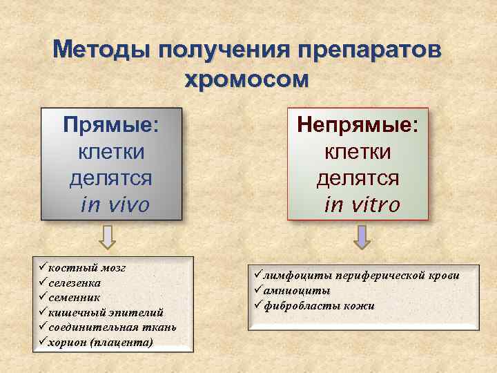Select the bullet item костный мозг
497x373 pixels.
[86, 269]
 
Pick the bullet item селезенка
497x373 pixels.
[79, 283]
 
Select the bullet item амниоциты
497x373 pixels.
[296, 290]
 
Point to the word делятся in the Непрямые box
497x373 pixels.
[358, 178]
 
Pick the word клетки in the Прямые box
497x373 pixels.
[110, 151]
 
